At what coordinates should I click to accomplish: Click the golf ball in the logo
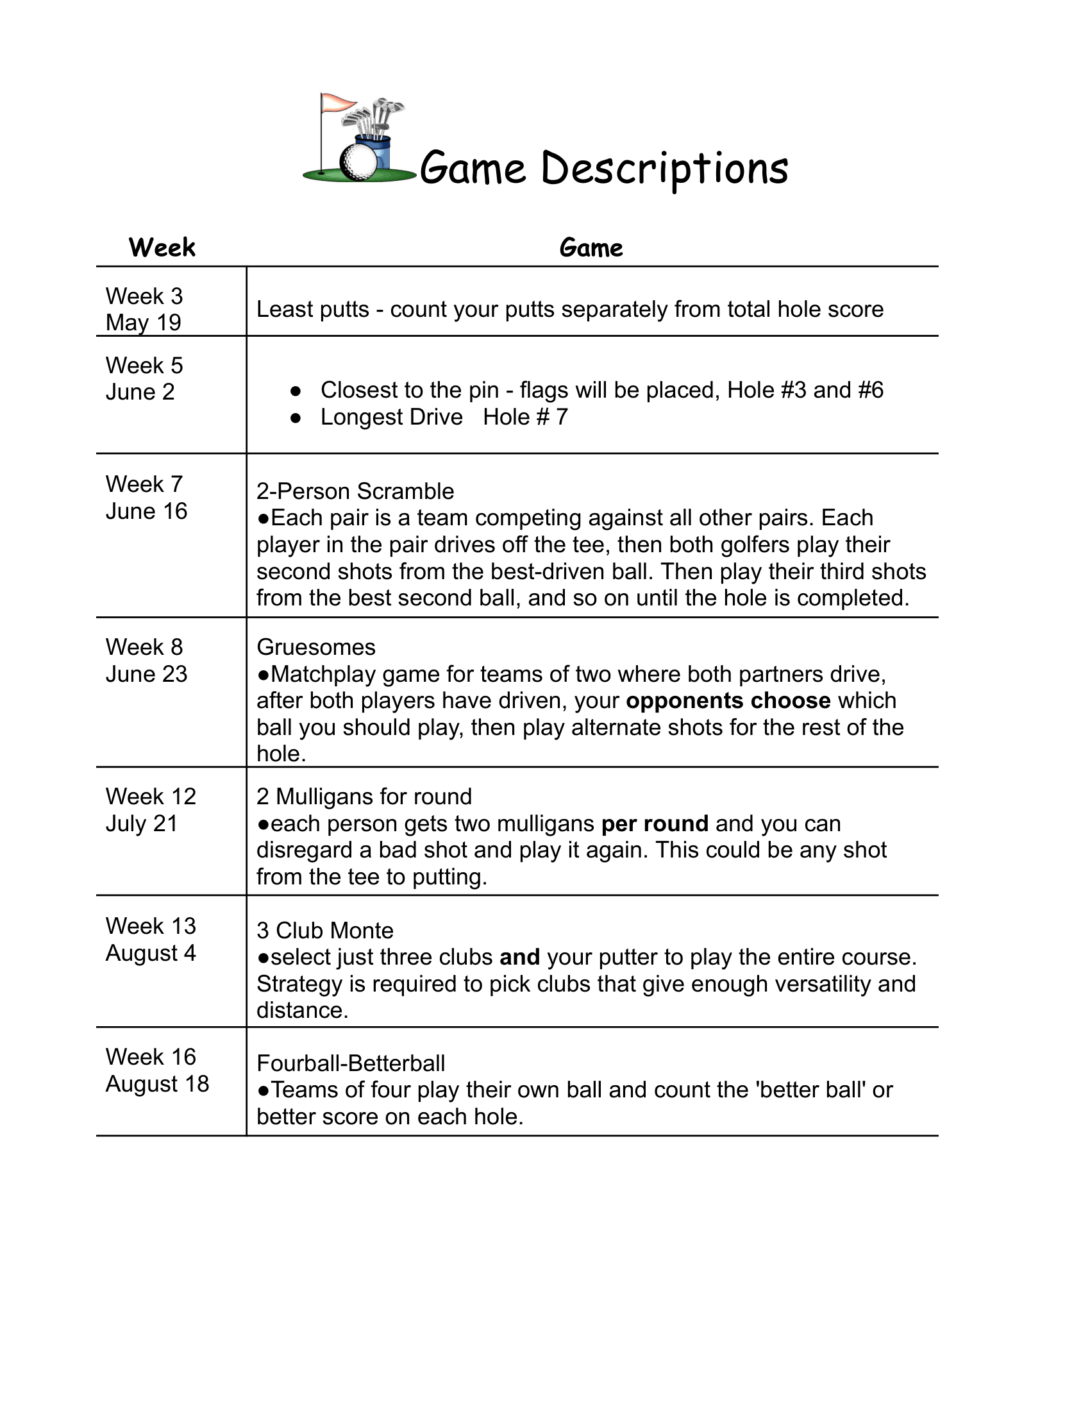pos(357,162)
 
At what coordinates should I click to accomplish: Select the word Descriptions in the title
pos(664,169)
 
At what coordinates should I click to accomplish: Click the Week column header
pos(162,248)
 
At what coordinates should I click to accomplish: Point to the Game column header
pos(591,248)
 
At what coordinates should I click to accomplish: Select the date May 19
pos(144,323)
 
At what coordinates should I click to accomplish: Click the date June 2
pos(140,392)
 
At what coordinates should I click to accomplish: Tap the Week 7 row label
pos(144,484)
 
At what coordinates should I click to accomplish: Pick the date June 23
pos(147,674)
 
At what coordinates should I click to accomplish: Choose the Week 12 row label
pos(151,797)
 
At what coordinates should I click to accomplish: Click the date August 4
pos(151,953)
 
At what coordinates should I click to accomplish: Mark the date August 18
pos(158,1083)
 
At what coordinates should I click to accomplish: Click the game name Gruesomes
pos(315,647)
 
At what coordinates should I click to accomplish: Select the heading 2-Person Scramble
pos(355,492)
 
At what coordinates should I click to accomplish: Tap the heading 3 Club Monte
pos(325,931)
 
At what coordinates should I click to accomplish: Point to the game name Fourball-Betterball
pos(351,1063)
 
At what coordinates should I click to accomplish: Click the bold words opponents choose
pos(728,701)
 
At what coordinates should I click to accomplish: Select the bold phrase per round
pos(655,824)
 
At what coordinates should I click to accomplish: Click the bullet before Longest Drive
pos(296,418)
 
